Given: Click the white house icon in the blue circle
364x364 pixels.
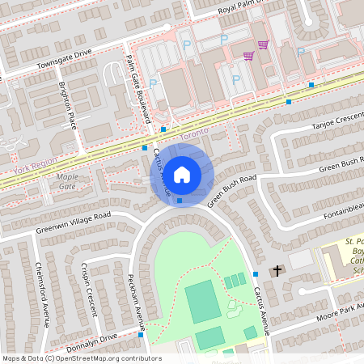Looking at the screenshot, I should pyautogui.click(x=182, y=174).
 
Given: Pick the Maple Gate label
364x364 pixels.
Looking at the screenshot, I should pyautogui.click(x=67, y=181).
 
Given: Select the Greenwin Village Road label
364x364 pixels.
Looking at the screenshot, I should pyautogui.click(x=73, y=223).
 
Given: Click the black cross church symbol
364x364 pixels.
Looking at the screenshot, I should pyautogui.click(x=277, y=270).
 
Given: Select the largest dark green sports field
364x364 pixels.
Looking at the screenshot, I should pyautogui.click(x=202, y=302).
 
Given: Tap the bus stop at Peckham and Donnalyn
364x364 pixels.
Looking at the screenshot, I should pyautogui.click(x=141, y=335).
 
